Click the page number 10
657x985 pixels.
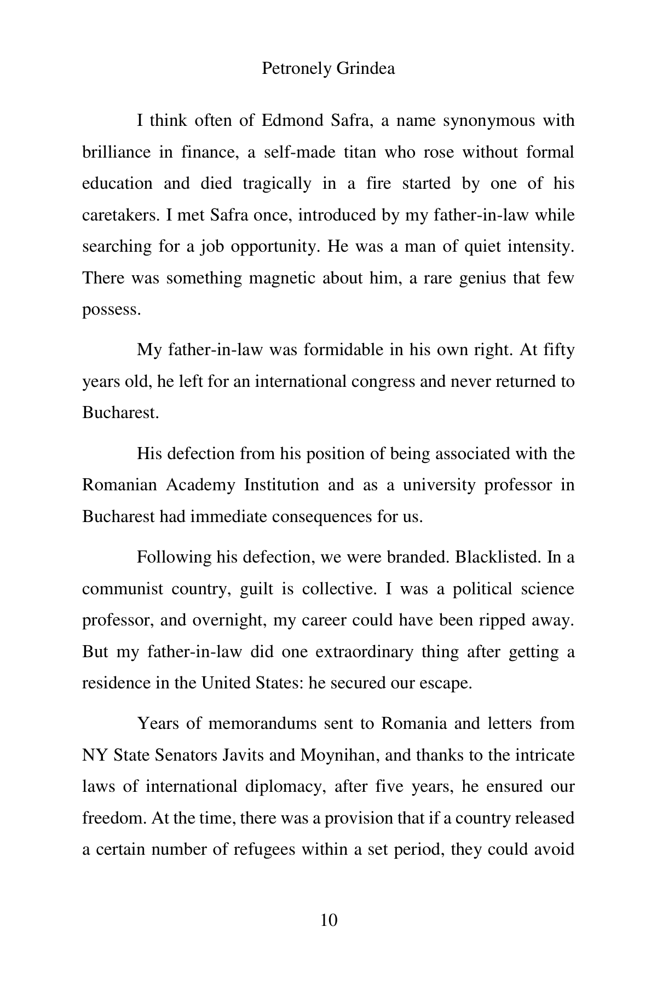[x=328, y=920]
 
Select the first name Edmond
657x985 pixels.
[x=292, y=120]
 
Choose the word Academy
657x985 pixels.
[x=201, y=485]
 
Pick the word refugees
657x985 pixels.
[x=267, y=849]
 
